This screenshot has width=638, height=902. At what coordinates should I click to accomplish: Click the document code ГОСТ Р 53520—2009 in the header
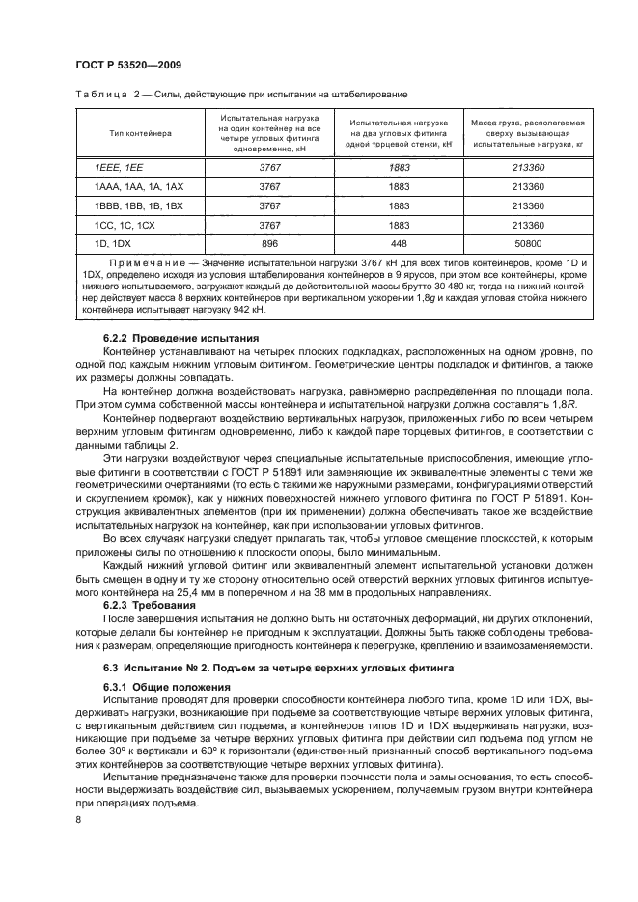[x=128, y=65]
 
